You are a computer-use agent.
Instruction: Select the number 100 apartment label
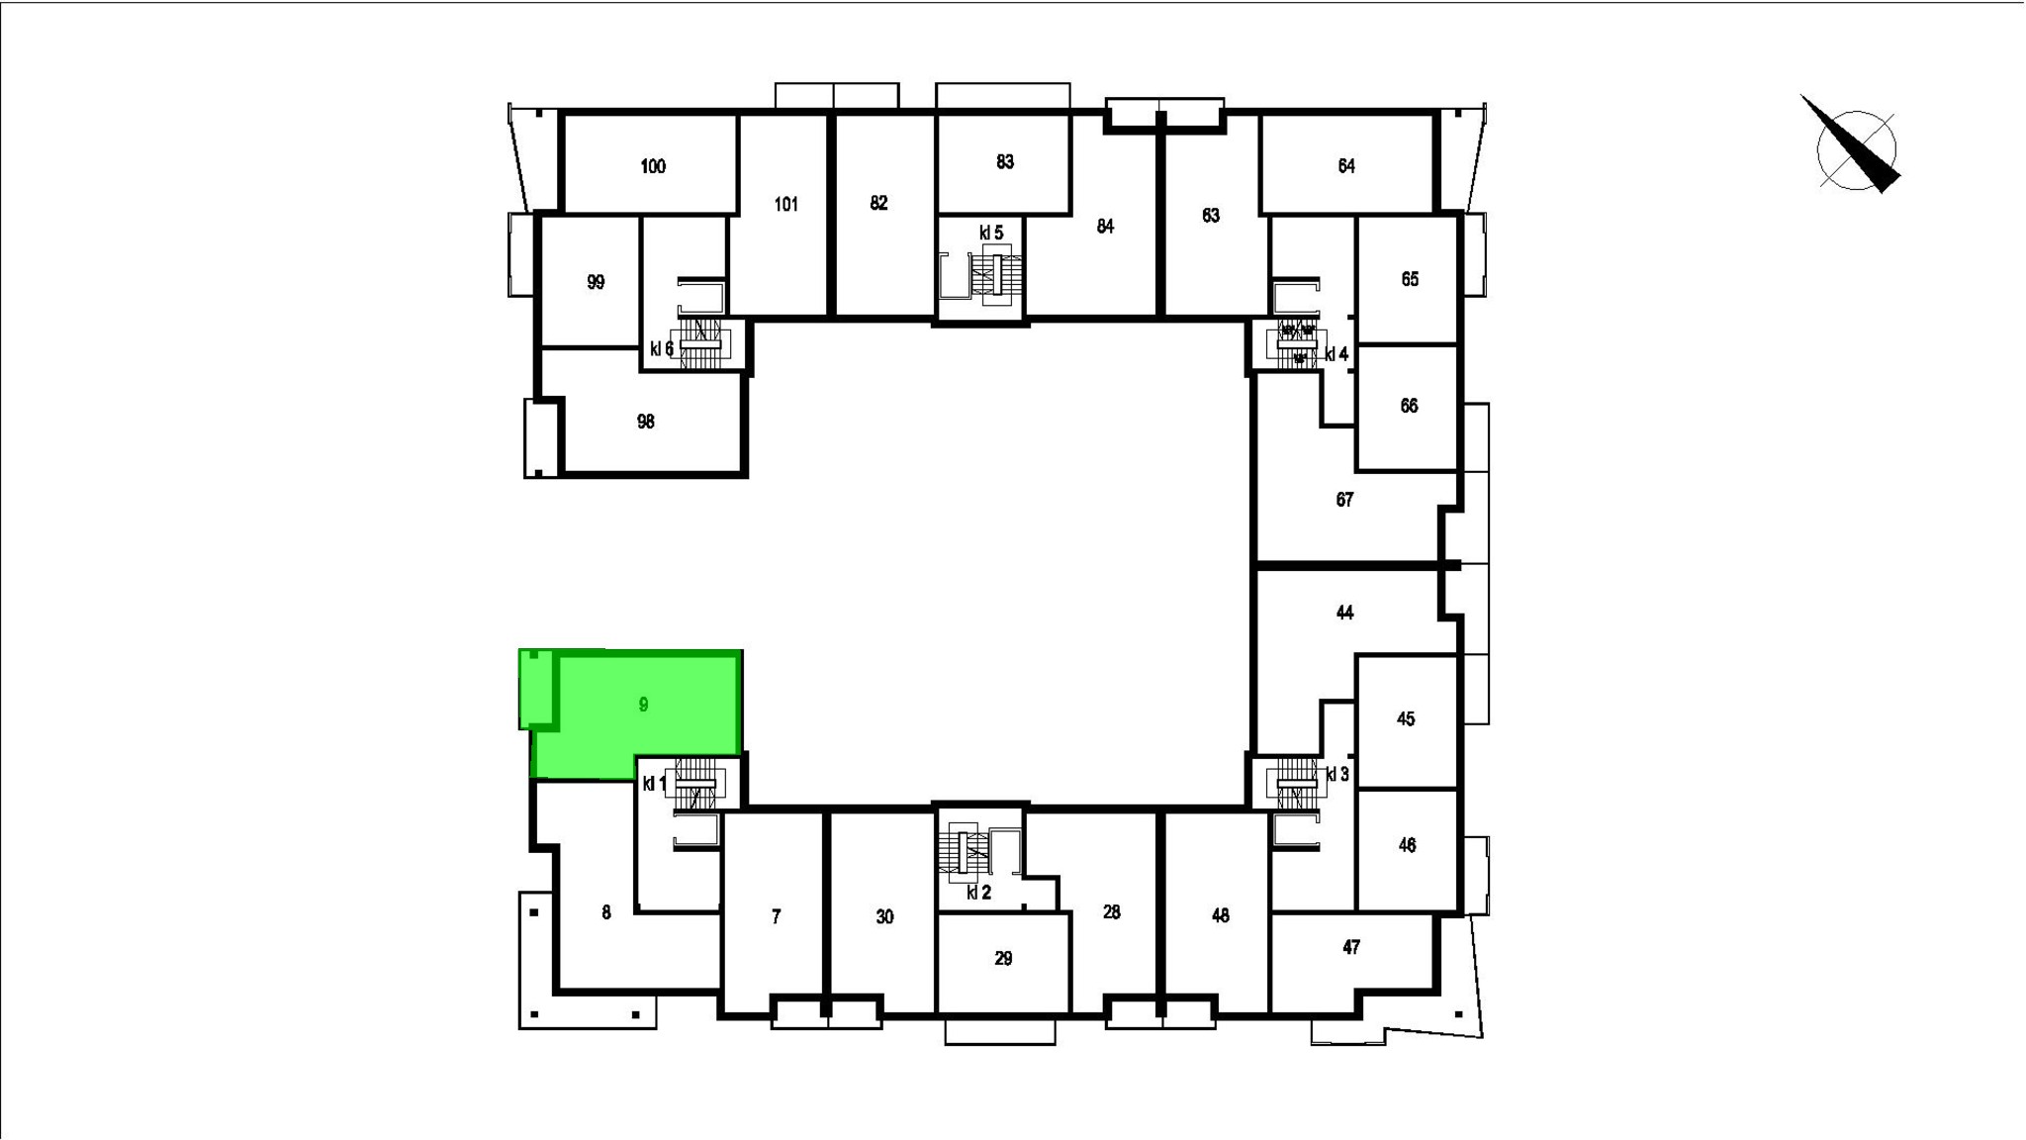click(x=653, y=166)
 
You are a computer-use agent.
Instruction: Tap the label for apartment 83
click(x=1005, y=161)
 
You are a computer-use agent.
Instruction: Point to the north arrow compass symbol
click(x=1852, y=148)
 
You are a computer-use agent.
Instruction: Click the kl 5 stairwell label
click(x=991, y=233)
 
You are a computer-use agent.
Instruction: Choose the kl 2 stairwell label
click(x=978, y=893)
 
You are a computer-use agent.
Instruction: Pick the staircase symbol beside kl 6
click(x=699, y=342)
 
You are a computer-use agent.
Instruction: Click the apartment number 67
click(x=1344, y=500)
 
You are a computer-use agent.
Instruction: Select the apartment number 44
click(x=1344, y=613)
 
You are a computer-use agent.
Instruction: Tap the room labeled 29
click(x=1003, y=958)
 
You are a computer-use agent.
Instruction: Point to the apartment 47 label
click(x=1351, y=947)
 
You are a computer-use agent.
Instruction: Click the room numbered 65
click(x=1410, y=279)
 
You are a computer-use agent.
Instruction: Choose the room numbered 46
click(x=1408, y=845)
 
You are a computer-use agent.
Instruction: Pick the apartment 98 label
click(x=645, y=422)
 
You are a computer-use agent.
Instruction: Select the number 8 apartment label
click(x=606, y=912)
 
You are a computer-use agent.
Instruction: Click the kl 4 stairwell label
click(x=1336, y=354)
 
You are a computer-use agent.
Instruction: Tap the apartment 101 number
click(x=786, y=205)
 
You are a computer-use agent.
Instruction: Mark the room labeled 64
click(x=1346, y=166)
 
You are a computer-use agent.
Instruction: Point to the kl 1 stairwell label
click(x=655, y=784)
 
